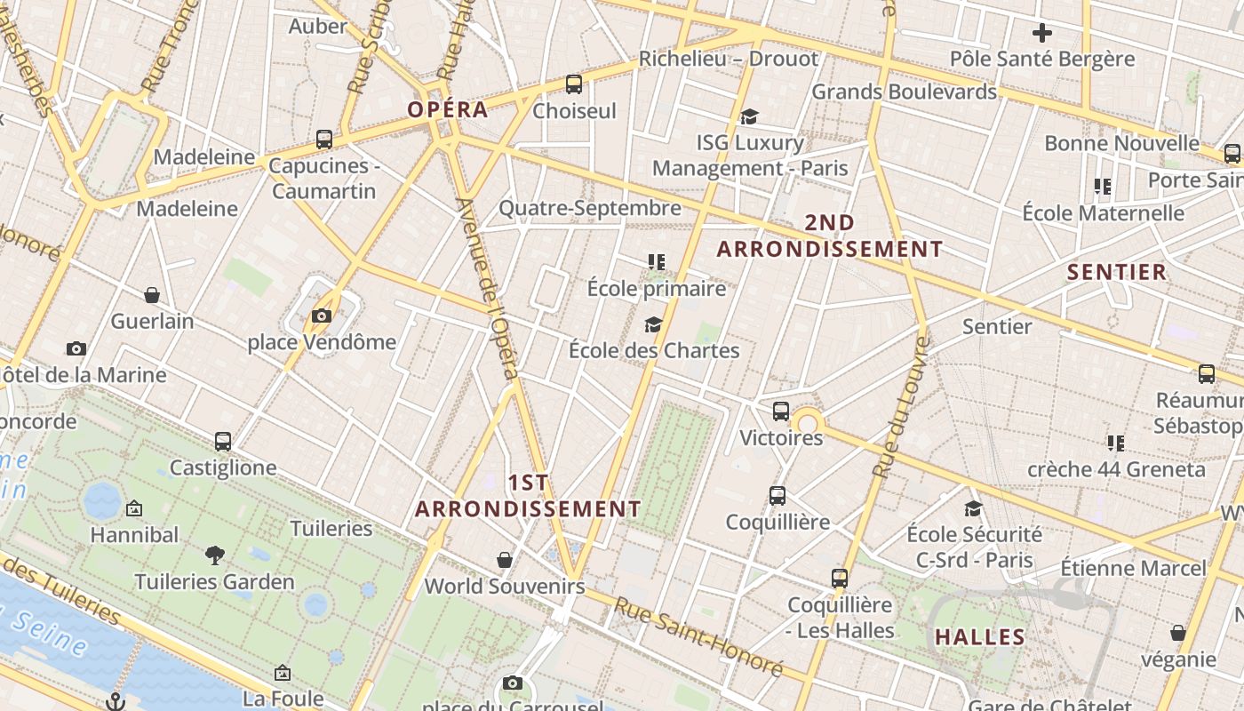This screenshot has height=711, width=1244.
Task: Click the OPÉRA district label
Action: pos(448,109)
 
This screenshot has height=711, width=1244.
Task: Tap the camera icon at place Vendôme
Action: pos(322,316)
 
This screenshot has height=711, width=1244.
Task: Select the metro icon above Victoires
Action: pos(781,411)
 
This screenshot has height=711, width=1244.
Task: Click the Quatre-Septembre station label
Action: pos(589,208)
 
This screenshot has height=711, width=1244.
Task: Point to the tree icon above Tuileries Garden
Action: pos(214,555)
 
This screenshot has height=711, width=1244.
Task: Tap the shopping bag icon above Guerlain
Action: pos(152,295)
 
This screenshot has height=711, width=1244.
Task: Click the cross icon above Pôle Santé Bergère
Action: pos(1042,33)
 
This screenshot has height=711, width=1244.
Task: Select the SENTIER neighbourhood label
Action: pos(1116,272)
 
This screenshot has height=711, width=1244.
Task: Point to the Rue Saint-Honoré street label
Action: pos(699,638)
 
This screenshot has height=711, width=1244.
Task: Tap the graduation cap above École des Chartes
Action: pos(654,324)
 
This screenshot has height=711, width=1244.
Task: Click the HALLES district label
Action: pos(980,636)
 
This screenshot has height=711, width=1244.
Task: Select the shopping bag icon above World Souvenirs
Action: pos(505,560)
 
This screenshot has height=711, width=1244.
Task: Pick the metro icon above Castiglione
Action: pos(223,441)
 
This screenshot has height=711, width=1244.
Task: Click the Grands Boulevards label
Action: pos(904,92)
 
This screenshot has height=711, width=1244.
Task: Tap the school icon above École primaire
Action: pos(657,262)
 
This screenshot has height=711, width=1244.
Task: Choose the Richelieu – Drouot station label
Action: pos(729,59)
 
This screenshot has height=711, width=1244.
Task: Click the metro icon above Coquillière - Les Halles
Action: pos(840,579)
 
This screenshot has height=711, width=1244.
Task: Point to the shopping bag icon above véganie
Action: pos(1178,634)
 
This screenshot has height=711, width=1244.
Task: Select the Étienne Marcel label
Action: pos(1133,567)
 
